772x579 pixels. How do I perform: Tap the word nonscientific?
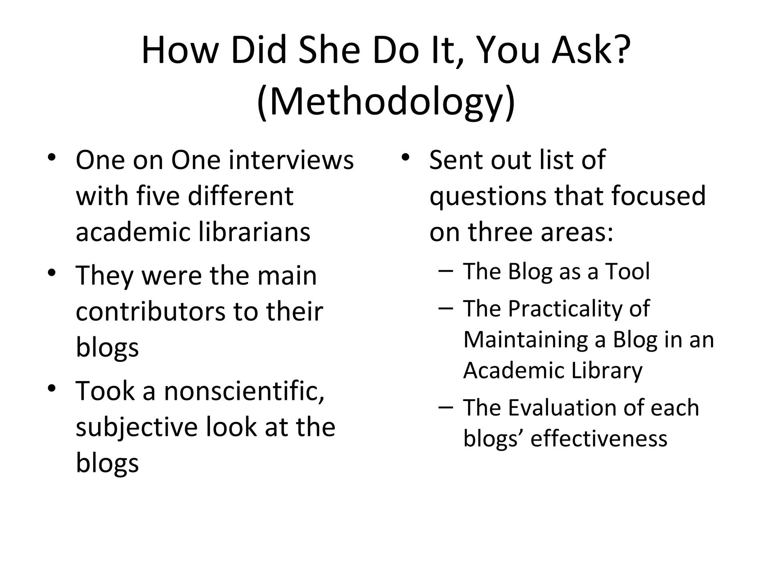pyautogui.click(x=244, y=391)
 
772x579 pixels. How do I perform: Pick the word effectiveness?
pyautogui.click(x=599, y=438)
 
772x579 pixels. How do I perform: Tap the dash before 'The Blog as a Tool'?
pyautogui.click(x=446, y=270)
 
